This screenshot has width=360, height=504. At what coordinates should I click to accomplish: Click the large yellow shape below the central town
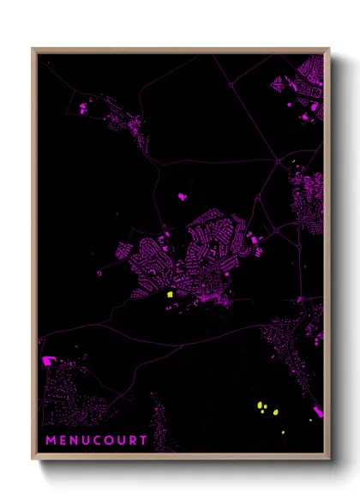[171, 294]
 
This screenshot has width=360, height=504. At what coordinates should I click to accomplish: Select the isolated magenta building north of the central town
[182, 196]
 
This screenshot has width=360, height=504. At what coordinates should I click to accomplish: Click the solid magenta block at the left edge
[46, 361]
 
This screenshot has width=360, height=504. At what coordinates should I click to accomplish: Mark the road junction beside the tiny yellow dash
[277, 160]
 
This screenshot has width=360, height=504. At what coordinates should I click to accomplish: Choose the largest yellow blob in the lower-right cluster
[261, 405]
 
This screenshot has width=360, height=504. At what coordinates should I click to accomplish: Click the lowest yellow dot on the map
[310, 420]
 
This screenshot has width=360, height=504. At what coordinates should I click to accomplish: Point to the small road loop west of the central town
[99, 273]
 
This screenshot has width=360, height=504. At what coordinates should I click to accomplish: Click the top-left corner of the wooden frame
[33, 49]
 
